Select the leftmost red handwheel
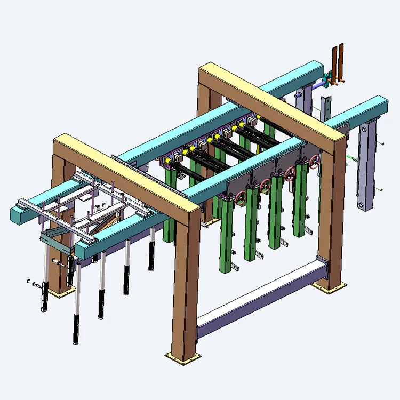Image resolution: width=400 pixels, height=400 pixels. [241, 199]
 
